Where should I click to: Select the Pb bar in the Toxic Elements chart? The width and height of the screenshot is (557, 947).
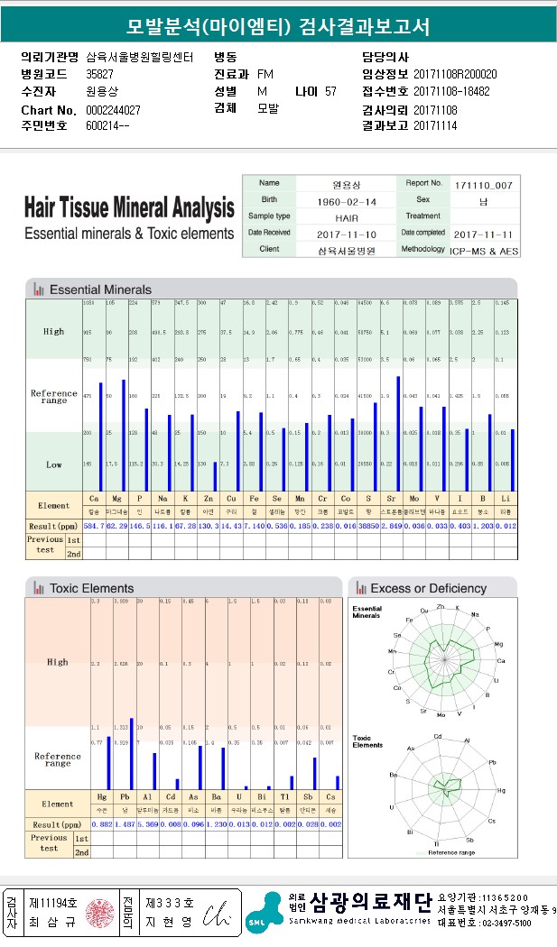pyautogui.click(x=131, y=753)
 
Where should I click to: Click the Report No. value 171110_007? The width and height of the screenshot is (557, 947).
pyautogui.click(x=485, y=184)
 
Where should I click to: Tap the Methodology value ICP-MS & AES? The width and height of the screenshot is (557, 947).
pyautogui.click(x=485, y=249)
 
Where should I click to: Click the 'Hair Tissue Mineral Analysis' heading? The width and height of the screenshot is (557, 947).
pyautogui.click(x=129, y=209)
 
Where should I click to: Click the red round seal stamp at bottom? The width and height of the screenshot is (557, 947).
pyautogui.click(x=101, y=913)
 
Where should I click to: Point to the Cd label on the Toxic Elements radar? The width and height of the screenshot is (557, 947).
pyautogui.click(x=439, y=737)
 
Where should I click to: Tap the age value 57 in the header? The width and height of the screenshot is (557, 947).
pyautogui.click(x=330, y=91)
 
